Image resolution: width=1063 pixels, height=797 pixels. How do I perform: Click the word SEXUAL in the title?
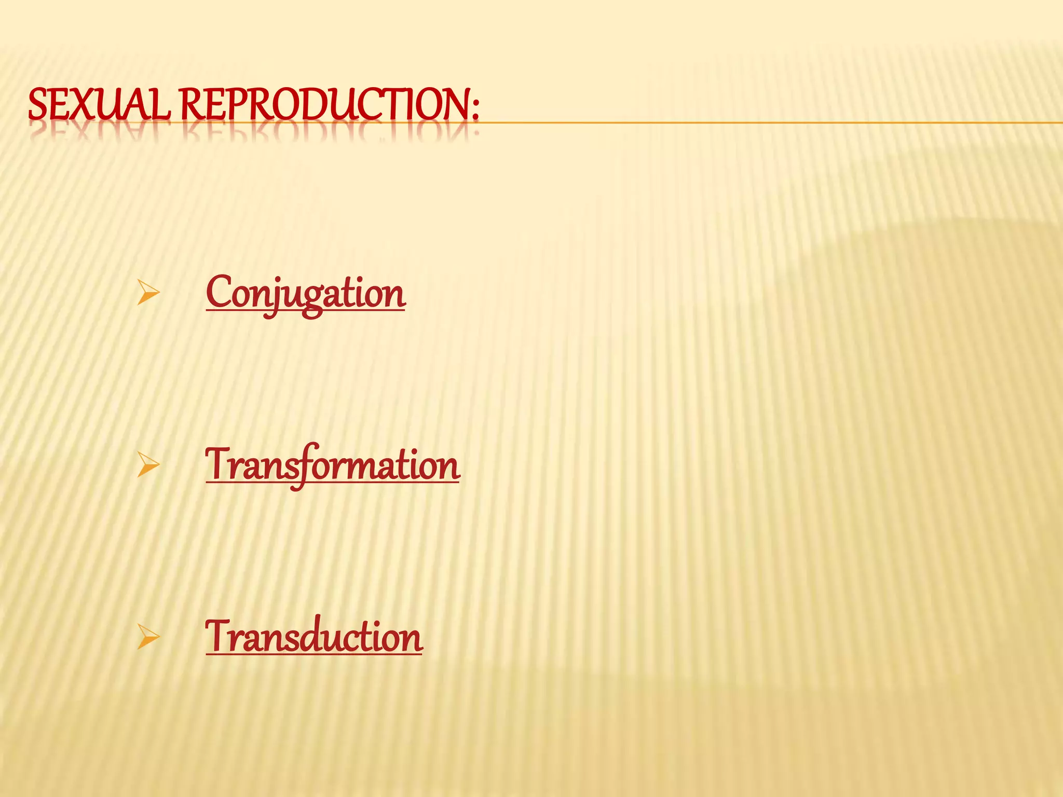[x=99, y=104]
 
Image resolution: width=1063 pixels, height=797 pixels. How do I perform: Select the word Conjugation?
[x=305, y=294]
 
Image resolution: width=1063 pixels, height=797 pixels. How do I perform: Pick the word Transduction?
[x=314, y=637]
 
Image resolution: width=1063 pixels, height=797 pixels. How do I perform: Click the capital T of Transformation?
[x=218, y=463]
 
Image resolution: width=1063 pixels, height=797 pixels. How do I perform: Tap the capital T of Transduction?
[x=218, y=636]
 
